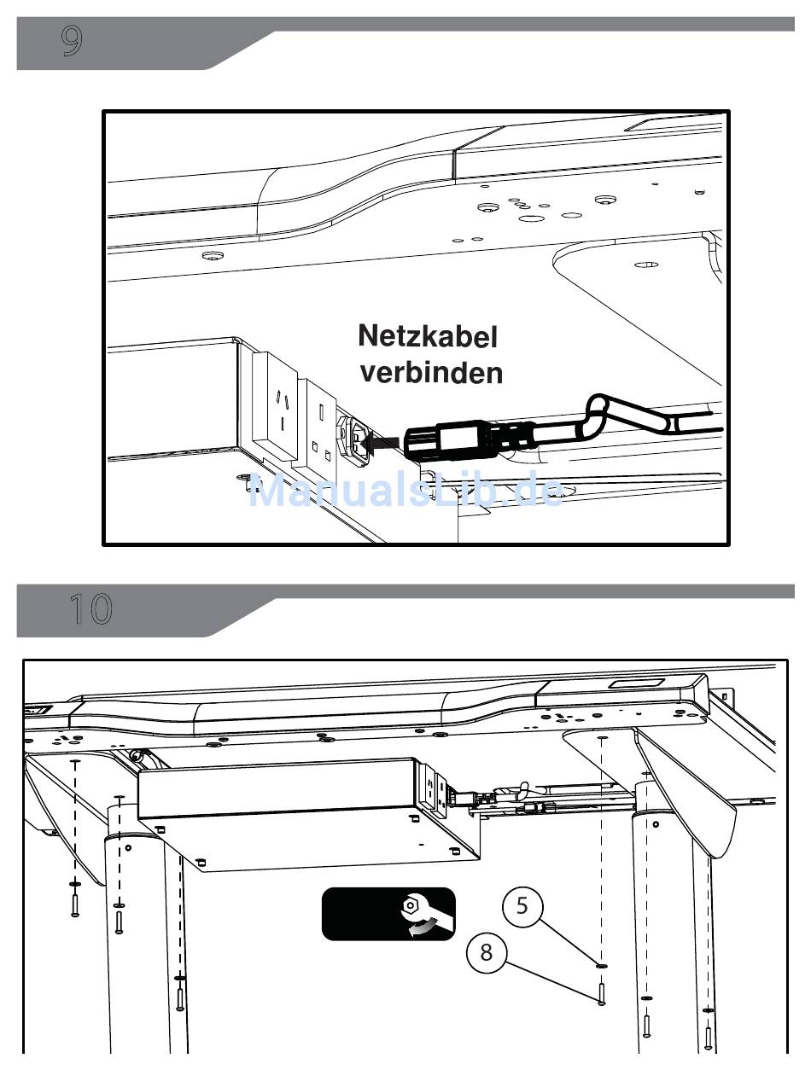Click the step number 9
pos(71,41)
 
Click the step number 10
pos(91,609)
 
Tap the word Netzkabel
pos(428,336)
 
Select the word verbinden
pos(431,373)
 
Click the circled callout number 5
pos(522,905)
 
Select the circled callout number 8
pos(487,952)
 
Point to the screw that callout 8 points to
pos(601,993)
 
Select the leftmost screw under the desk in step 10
pos(74,905)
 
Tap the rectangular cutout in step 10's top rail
pos(638,684)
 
